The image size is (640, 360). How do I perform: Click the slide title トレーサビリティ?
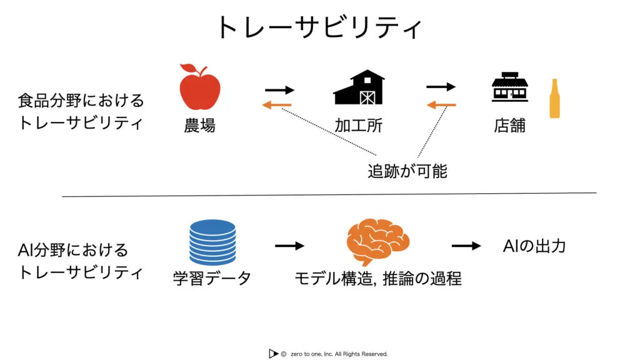coord(319,27)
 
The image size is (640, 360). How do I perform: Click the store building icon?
coord(510,88)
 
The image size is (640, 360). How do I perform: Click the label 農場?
coord(199,126)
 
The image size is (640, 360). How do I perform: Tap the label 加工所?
coord(359,126)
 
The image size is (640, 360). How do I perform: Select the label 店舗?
coord(510,126)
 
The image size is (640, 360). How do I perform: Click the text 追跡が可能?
coord(407,171)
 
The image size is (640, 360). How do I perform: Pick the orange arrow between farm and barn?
coord(277,104)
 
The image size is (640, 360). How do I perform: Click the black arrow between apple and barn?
coord(279,89)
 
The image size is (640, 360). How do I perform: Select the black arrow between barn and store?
coord(441,87)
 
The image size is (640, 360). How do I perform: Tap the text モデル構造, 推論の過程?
coord(378,278)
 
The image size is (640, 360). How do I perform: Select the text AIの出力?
coord(534,246)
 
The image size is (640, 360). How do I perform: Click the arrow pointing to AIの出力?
coord(466,246)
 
